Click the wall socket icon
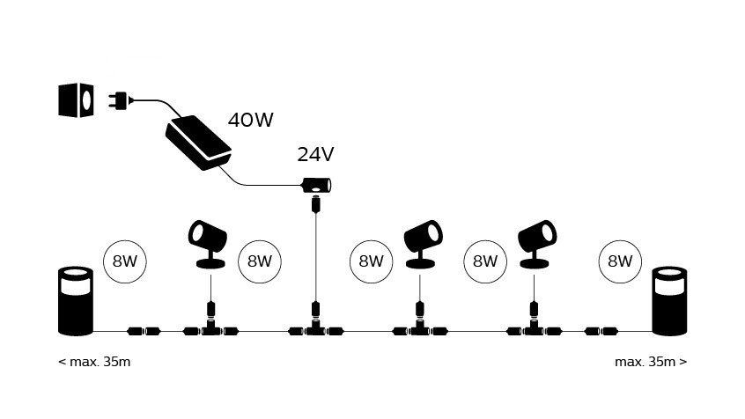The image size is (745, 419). pyautogui.click(x=76, y=100)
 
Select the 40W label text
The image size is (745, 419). pyautogui.click(x=250, y=121)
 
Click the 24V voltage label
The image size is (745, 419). pyautogui.click(x=315, y=155)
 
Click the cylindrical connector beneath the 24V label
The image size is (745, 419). pyautogui.click(x=314, y=185)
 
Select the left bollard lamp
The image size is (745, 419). pyautogui.click(x=75, y=301)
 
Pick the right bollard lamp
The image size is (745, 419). pyautogui.click(x=668, y=301)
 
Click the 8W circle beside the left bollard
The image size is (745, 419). pyautogui.click(x=124, y=261)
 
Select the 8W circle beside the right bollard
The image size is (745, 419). pyautogui.click(x=620, y=261)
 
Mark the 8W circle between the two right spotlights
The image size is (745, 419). pyautogui.click(x=485, y=261)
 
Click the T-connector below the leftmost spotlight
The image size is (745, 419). pyautogui.click(x=210, y=330)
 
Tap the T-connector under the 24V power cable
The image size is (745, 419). pyautogui.click(x=315, y=330)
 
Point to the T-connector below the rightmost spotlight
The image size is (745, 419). pyautogui.click(x=533, y=330)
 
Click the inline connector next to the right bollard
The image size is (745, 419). pyautogui.click(x=604, y=332)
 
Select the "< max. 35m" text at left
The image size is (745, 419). pyautogui.click(x=94, y=362)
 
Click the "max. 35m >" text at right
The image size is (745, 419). pyautogui.click(x=651, y=362)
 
